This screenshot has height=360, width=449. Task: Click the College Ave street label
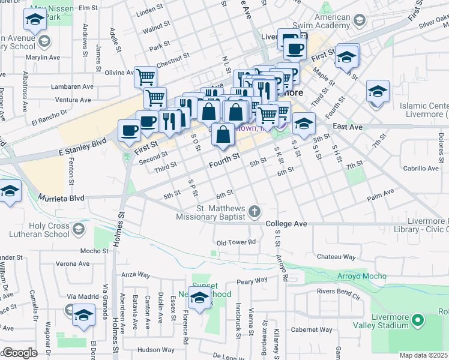286,224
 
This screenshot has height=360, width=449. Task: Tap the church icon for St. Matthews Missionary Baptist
255,211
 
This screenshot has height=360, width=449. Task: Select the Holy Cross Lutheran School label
41,230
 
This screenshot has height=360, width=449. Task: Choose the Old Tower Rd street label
236,242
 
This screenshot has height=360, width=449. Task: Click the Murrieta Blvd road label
62,197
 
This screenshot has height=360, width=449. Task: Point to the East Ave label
348,127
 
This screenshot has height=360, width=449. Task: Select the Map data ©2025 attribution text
424,355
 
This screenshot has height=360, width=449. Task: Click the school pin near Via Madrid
84,315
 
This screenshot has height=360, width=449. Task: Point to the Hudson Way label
155,349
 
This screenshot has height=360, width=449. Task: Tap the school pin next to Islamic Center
378,91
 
